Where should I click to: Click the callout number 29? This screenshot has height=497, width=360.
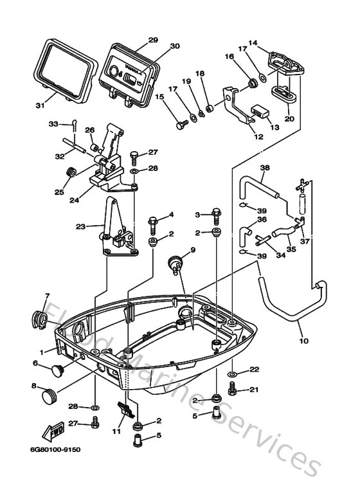(153, 40)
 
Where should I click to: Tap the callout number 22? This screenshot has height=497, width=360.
(255, 368)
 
